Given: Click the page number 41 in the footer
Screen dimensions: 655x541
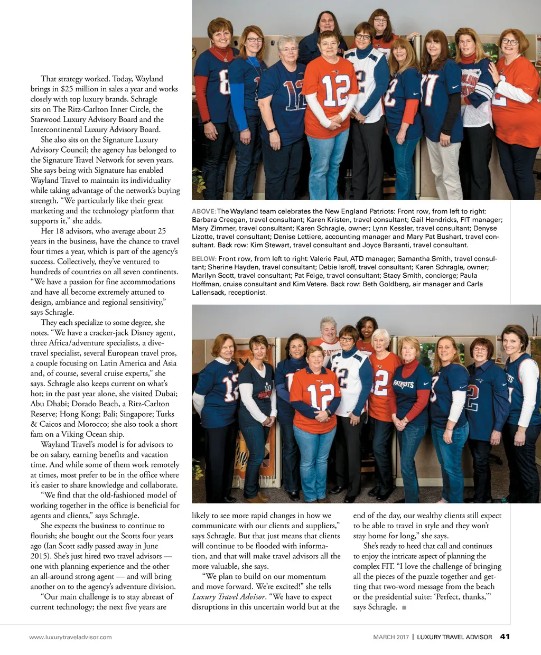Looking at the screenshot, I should (505, 637).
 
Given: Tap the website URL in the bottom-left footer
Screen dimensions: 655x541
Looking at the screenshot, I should (70, 637).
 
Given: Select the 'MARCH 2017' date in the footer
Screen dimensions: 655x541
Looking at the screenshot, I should (391, 637).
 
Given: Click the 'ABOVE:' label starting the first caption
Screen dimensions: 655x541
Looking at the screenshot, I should (203, 211).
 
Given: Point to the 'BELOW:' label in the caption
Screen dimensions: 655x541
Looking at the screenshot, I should (204, 259).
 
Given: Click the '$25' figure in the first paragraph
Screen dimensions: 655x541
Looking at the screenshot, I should (67, 89).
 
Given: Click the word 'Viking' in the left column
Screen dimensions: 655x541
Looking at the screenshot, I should (74, 434).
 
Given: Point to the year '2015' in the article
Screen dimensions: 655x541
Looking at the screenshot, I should (41, 556).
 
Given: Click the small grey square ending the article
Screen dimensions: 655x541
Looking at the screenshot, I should (404, 607).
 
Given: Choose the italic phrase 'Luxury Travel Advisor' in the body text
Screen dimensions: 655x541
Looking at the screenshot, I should (228, 597).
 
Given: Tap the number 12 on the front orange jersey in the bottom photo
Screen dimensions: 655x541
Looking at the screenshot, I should (321, 396).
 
